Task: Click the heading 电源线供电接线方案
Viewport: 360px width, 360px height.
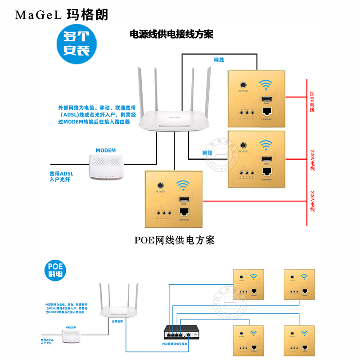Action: pyautogui.click(x=171, y=34)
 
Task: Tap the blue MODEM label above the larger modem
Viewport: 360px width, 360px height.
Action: pyautogui.click(x=106, y=150)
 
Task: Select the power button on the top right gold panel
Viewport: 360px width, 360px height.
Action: pyautogui.click(x=243, y=85)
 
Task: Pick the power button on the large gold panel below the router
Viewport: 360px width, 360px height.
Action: pyautogui.click(x=160, y=185)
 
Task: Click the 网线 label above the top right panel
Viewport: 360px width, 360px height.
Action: pyautogui.click(x=219, y=60)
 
